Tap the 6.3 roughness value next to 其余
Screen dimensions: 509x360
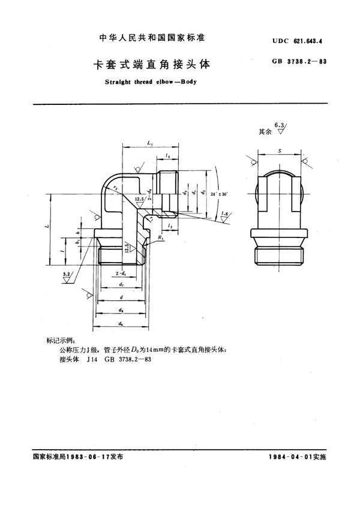[x=278, y=124]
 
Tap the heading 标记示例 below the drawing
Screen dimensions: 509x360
[x=59, y=340]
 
